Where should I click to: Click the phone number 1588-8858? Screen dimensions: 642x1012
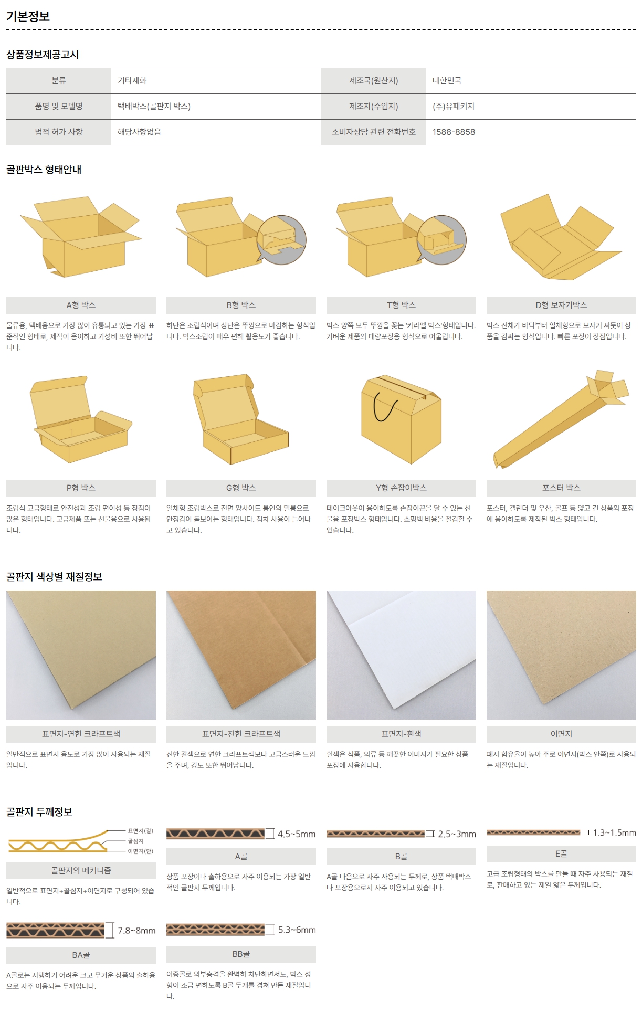tap(454, 132)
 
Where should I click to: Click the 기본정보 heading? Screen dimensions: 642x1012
tap(28, 16)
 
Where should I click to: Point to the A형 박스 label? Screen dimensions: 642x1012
tap(81, 305)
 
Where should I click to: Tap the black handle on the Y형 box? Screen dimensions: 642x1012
tap(385, 407)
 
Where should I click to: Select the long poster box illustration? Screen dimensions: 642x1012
tap(561, 419)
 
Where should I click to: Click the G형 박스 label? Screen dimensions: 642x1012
tap(241, 488)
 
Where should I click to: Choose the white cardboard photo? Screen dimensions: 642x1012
tap(401, 655)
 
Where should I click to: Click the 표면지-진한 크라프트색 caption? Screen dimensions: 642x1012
tap(241, 734)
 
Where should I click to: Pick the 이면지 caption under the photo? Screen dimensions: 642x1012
tap(561, 734)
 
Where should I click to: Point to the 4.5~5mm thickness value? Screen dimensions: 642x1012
tap(297, 834)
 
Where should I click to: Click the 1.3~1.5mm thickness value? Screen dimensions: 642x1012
tap(614, 832)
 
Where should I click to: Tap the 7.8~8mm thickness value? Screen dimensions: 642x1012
tap(136, 931)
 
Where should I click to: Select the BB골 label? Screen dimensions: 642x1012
tap(241, 954)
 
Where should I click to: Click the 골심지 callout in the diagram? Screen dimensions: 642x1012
tap(135, 841)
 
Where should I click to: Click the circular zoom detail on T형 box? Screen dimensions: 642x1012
tap(441, 240)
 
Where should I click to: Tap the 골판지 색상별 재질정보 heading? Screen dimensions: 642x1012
tap(54, 576)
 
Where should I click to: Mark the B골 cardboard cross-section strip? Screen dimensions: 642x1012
tap(375, 834)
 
